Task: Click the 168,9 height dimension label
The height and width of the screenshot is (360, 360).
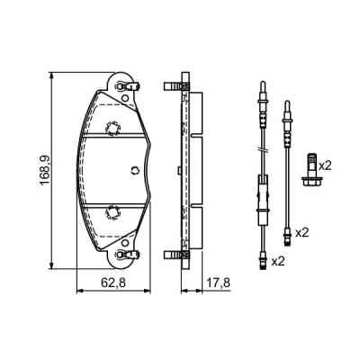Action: coord(45,170)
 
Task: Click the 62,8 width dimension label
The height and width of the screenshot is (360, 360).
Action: coord(112,283)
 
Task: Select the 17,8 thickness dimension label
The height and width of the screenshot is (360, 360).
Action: coord(218,283)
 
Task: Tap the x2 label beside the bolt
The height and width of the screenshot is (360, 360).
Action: coord(325,166)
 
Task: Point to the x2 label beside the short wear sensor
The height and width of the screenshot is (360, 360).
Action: coord(302,233)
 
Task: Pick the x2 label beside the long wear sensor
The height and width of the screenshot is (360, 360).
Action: coord(277,261)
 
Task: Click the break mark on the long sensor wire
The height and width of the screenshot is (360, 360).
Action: coord(263,148)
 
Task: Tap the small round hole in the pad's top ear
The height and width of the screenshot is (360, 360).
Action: coord(125,97)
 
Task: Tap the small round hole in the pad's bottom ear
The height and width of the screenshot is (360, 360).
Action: coord(125,243)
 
